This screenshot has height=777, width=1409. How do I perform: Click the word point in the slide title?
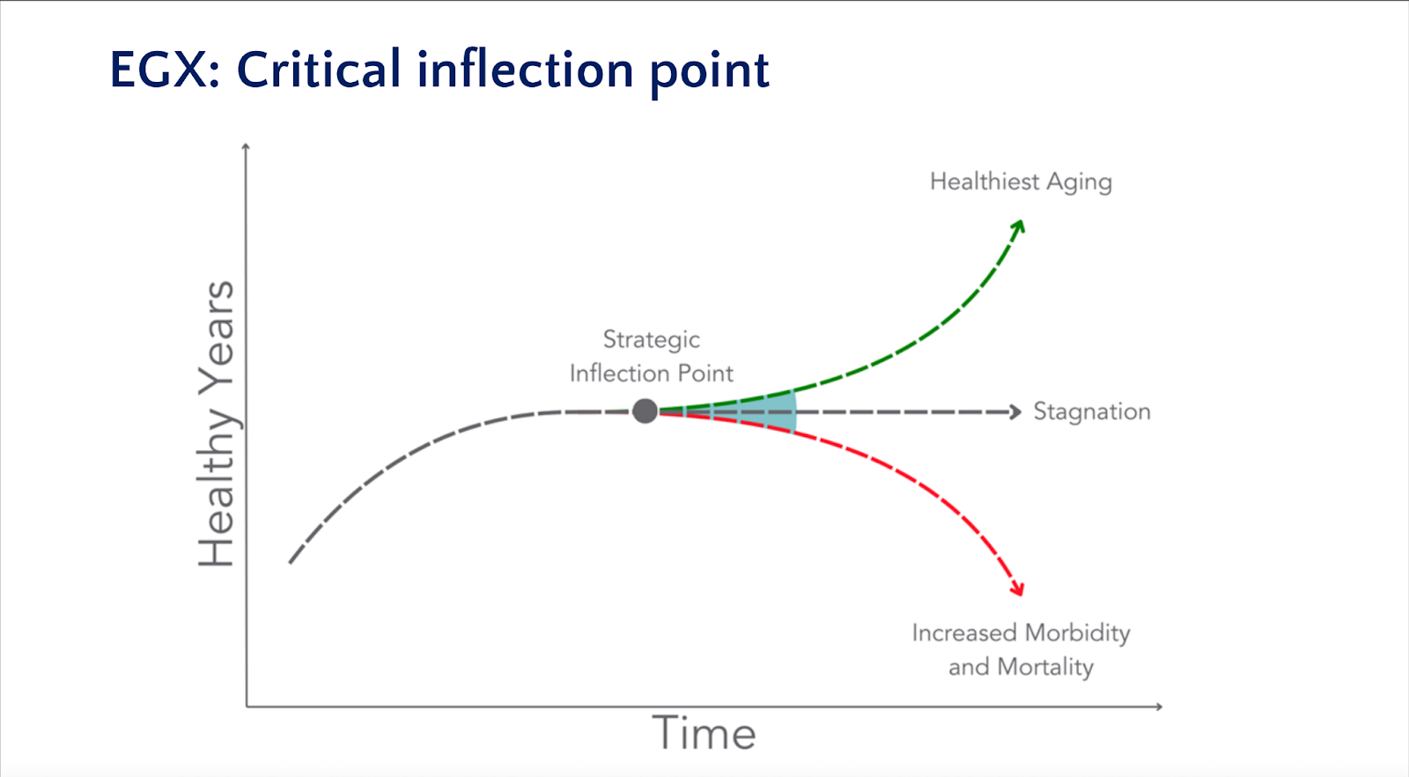(x=710, y=73)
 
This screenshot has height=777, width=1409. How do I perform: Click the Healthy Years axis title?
(x=217, y=424)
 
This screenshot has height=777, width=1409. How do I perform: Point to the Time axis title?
(x=704, y=733)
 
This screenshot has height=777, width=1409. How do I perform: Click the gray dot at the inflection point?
(x=645, y=411)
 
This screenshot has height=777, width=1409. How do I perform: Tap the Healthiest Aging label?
(x=1021, y=182)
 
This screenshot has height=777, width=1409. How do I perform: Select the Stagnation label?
(x=1092, y=411)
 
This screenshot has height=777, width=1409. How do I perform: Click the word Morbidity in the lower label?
(x=1078, y=633)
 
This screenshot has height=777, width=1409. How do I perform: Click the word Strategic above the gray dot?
(x=652, y=340)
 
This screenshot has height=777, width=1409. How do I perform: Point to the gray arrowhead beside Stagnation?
(x=1014, y=412)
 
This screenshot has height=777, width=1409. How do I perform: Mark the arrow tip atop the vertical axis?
(x=246, y=144)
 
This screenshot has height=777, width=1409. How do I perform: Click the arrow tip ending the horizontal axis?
(x=1162, y=707)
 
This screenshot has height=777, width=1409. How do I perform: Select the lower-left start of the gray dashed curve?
(x=290, y=562)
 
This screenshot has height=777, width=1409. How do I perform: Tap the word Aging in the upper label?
(x=1080, y=183)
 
